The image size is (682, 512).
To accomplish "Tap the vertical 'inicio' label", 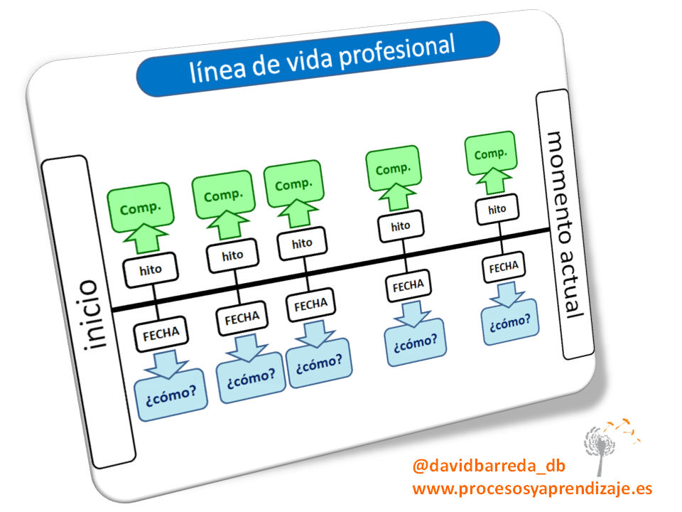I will [x=90, y=314].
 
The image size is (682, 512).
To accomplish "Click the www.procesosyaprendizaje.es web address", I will [x=531, y=489].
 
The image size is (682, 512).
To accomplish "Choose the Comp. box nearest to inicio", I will [x=141, y=209].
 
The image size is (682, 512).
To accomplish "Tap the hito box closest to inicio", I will [x=151, y=270].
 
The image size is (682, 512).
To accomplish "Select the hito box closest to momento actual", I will [x=497, y=209].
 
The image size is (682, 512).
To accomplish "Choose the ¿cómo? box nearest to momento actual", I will [x=509, y=321].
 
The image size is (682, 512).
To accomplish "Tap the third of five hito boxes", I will [x=302, y=243].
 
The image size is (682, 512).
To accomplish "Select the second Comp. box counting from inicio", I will [x=223, y=196].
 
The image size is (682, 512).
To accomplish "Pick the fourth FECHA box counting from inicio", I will [x=408, y=284].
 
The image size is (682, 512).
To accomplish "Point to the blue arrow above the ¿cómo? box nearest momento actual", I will [x=507, y=293].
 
